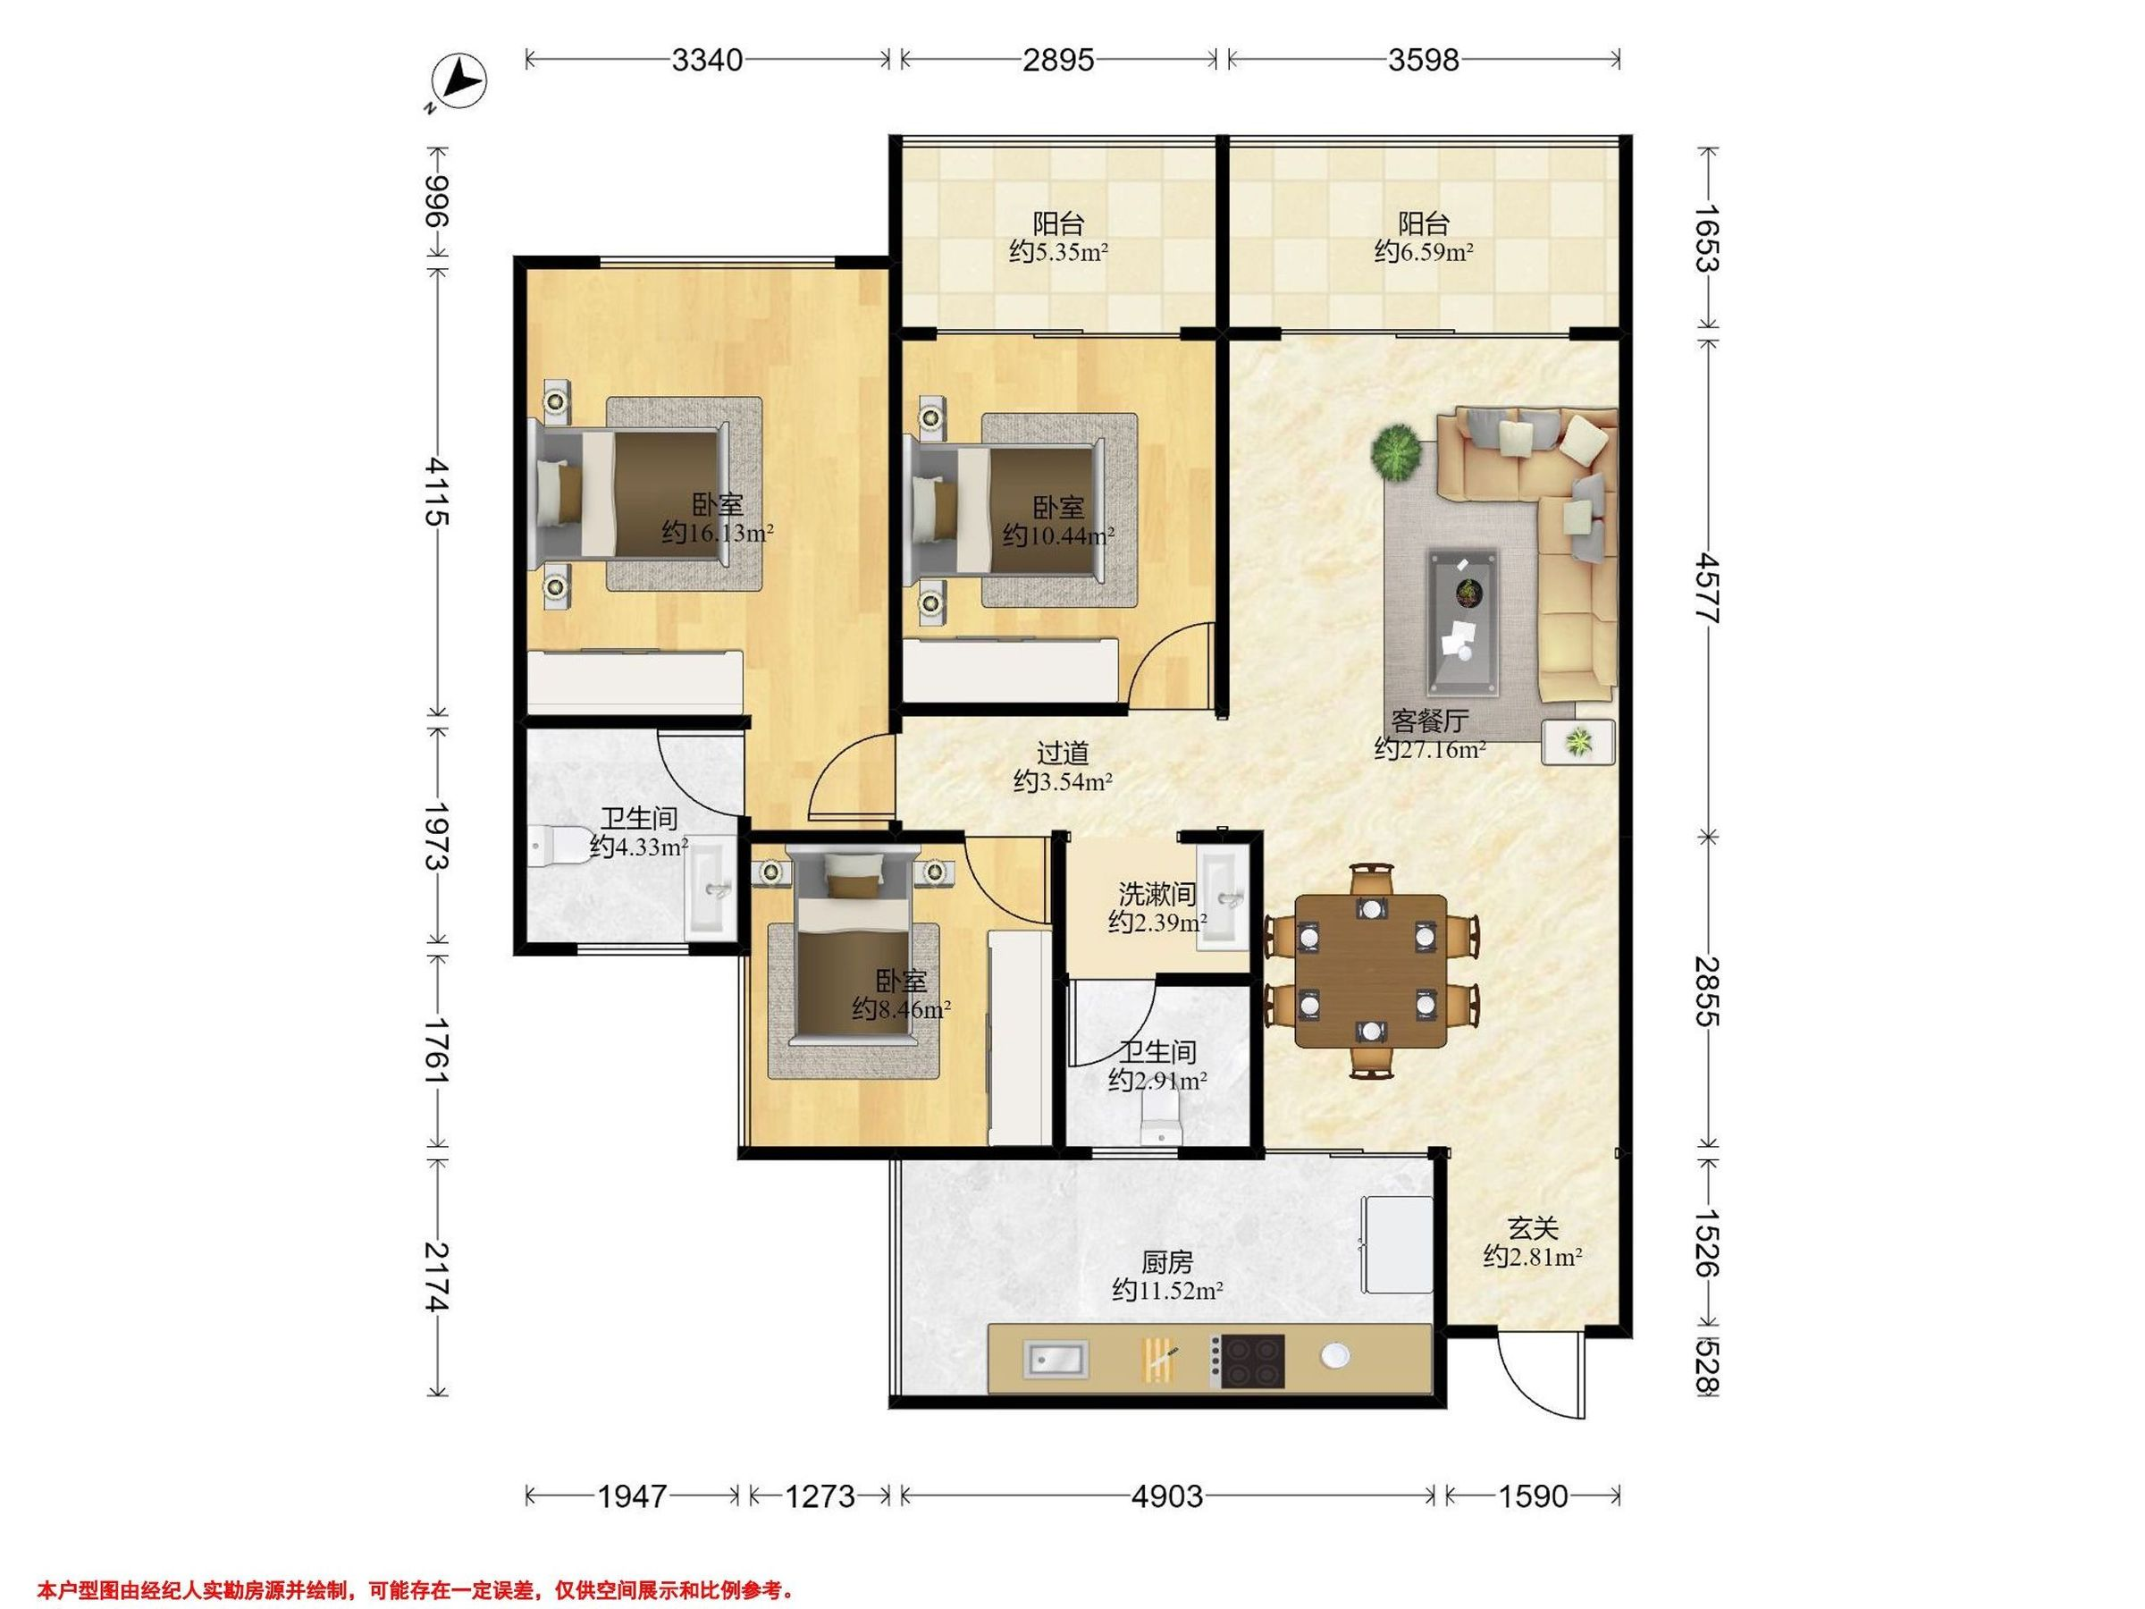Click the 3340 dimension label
pyautogui.click(x=707, y=60)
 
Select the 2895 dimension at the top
pyautogui.click(x=1058, y=60)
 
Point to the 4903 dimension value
pyautogui.click(x=1167, y=1497)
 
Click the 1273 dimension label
pyautogui.click(x=820, y=1497)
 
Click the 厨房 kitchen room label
pyautogui.click(x=1166, y=1263)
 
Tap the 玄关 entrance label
pyautogui.click(x=1532, y=1229)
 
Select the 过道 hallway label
pyautogui.click(x=1063, y=753)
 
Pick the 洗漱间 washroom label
pyautogui.click(x=1157, y=893)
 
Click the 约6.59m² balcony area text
pyautogui.click(x=1424, y=253)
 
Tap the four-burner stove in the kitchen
pyautogui.click(x=1251, y=1360)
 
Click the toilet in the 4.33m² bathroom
pyautogui.click(x=555, y=846)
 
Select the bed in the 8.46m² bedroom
pyautogui.click(x=854, y=948)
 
